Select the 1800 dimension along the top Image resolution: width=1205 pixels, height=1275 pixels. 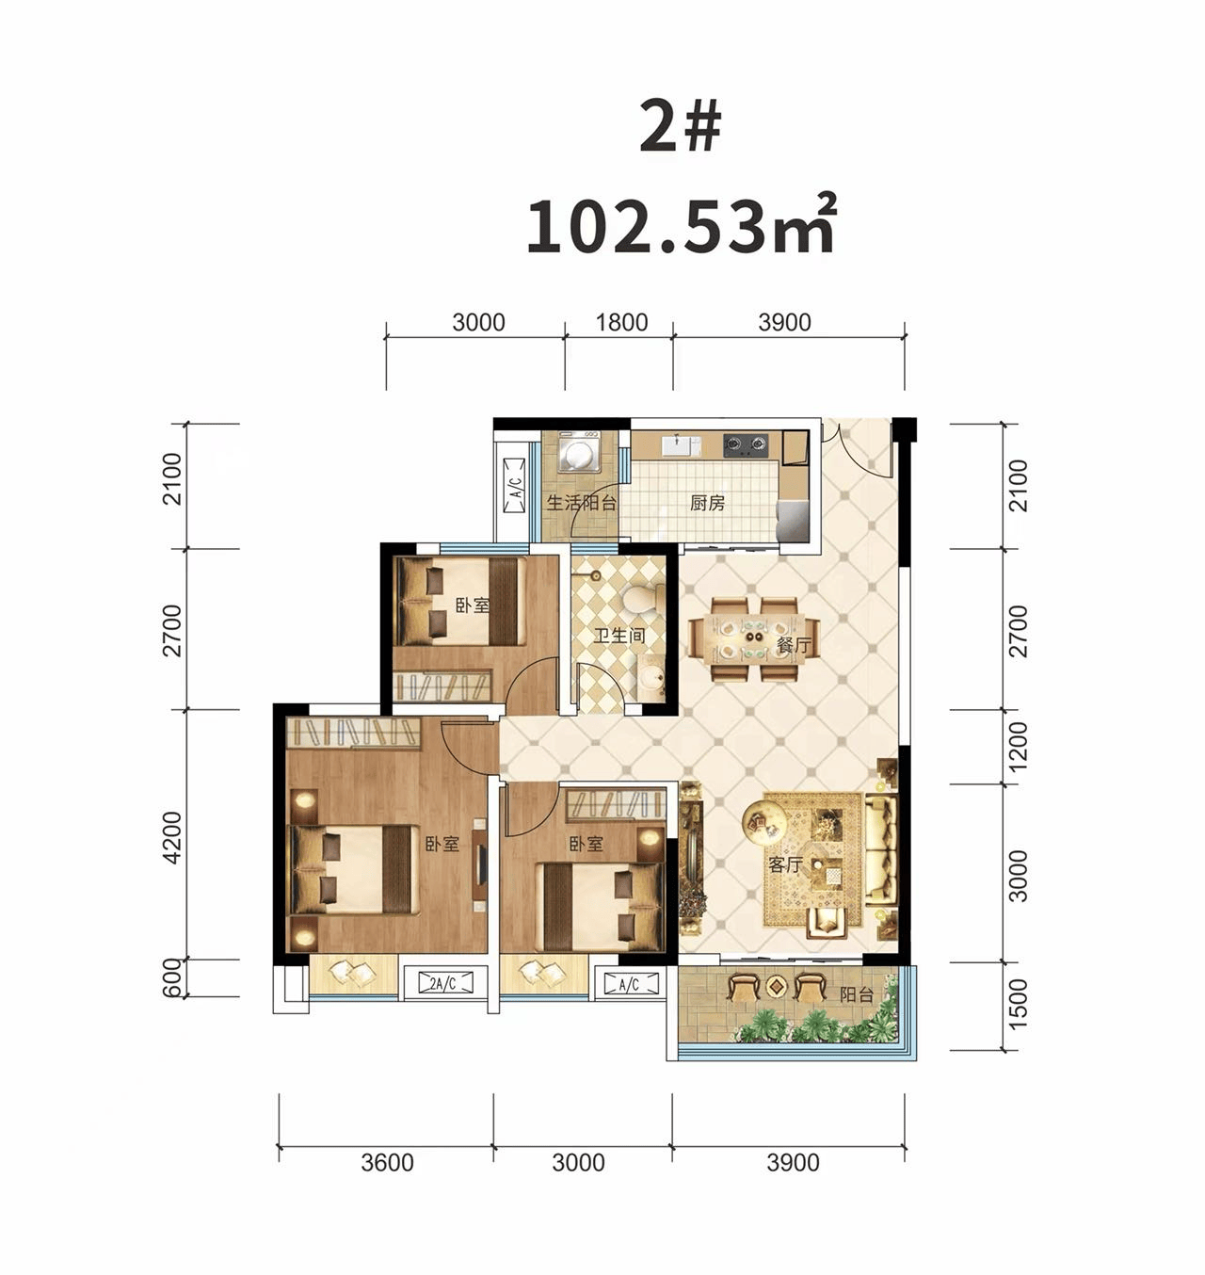pos(621,322)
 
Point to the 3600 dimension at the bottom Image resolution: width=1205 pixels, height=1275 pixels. pos(387,1163)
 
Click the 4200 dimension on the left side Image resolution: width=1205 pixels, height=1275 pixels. pos(172,837)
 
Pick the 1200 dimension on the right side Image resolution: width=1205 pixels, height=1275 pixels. pos(1019,746)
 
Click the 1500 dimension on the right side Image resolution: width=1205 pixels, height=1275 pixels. pos(1019,1003)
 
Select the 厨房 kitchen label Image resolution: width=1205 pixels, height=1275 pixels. pos(707,503)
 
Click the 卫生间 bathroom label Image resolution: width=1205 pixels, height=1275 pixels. pos(619,635)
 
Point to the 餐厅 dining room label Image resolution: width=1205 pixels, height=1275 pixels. pos(794,645)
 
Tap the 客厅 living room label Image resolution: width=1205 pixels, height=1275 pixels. pos(785,864)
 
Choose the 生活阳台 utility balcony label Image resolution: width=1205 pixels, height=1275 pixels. pos(581,503)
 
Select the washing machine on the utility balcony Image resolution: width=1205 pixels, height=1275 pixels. pos(579,453)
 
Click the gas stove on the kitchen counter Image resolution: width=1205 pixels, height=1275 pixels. pos(746,444)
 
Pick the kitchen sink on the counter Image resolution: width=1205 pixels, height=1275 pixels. pos(681,445)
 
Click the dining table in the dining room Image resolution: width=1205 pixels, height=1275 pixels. pos(753,638)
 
